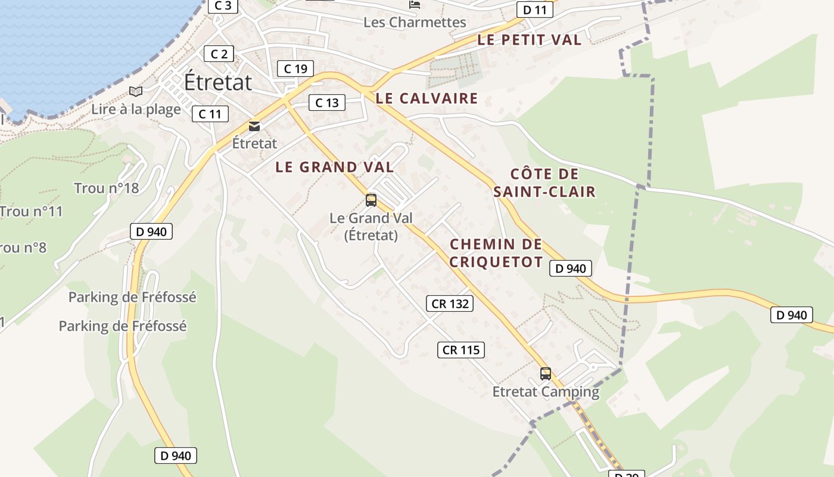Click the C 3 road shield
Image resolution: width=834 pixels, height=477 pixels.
click(x=223, y=6)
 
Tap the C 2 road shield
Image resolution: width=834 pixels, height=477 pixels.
click(x=219, y=54)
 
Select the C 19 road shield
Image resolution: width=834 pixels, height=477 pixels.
click(x=295, y=69)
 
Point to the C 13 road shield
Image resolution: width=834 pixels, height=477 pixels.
click(x=327, y=103)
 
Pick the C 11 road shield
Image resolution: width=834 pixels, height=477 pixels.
click(x=210, y=114)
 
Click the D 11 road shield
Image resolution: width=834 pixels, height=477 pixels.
click(x=534, y=10)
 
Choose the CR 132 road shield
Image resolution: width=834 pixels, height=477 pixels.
click(x=450, y=303)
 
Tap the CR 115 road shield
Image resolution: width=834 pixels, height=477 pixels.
click(x=461, y=350)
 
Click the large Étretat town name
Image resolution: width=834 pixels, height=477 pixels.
click(x=218, y=82)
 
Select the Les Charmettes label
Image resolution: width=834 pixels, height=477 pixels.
click(x=415, y=23)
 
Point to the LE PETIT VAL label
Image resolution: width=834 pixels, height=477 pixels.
click(x=529, y=40)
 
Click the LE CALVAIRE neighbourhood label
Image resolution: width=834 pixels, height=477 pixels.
click(x=427, y=98)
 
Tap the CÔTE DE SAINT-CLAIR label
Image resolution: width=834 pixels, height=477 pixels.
click(x=544, y=183)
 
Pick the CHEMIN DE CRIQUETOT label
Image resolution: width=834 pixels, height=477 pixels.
click(x=496, y=253)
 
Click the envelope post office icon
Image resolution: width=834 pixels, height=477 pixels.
click(x=254, y=126)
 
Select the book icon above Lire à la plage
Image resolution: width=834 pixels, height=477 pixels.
click(x=136, y=91)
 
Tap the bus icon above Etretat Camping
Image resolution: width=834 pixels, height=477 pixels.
click(x=546, y=374)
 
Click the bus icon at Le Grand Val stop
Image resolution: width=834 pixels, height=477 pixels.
click(x=371, y=200)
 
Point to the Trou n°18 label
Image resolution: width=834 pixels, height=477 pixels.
click(x=106, y=188)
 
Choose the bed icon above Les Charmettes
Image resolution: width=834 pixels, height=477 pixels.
click(x=415, y=5)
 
